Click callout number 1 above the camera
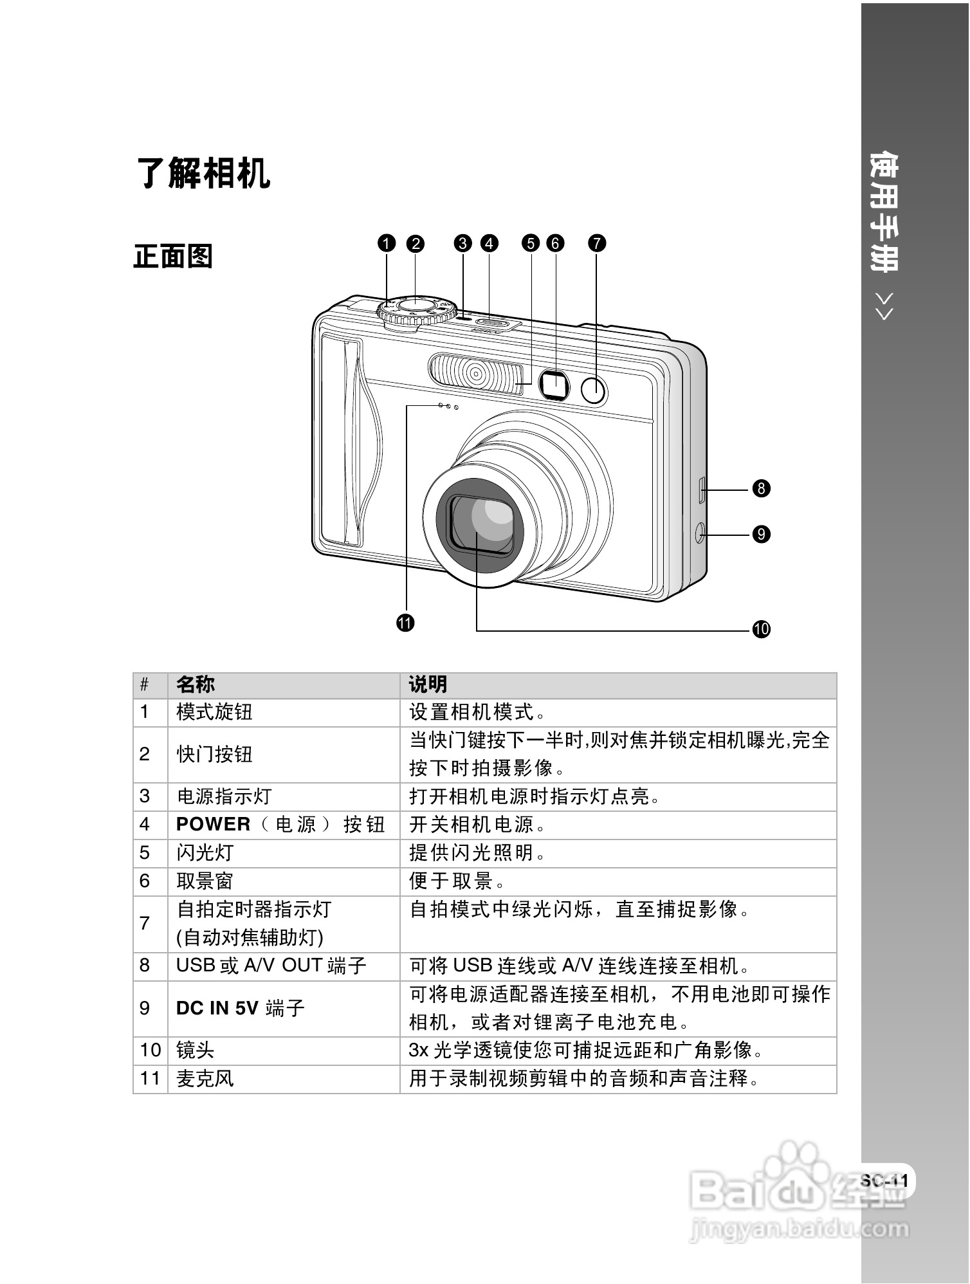[x=386, y=243]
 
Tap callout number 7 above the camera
[x=596, y=243]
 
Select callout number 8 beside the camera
[x=761, y=488]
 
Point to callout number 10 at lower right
[x=761, y=628]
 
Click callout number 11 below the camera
[x=405, y=623]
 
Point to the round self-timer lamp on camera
[x=594, y=390]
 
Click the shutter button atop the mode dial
[x=416, y=305]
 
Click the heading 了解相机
[x=203, y=173]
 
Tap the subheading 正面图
[x=173, y=256]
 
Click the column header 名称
[x=196, y=684]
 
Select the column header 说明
[x=428, y=684]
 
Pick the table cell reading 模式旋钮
[x=214, y=712]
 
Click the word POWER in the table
[x=213, y=824]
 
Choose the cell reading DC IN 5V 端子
[x=240, y=1007]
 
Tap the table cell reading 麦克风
[x=205, y=1078]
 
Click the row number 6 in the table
[x=145, y=881]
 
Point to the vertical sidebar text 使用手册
[x=884, y=212]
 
